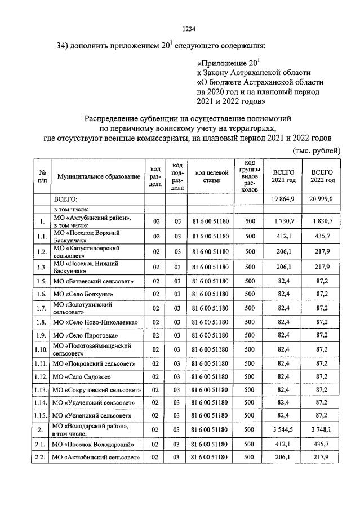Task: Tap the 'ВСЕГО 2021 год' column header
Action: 283,176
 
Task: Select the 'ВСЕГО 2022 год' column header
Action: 322,176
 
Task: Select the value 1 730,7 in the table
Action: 283,221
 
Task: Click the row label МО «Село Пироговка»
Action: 85,335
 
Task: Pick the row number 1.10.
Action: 42,349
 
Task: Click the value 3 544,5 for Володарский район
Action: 283,430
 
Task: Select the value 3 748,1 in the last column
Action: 322,430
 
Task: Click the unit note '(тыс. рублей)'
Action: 316,150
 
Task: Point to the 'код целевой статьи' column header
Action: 210,176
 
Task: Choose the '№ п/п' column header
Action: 42,176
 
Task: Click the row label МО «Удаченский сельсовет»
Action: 93,403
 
